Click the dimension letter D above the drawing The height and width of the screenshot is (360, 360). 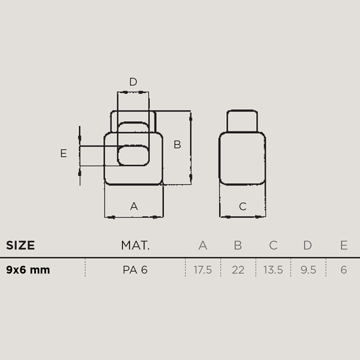[x=133, y=82]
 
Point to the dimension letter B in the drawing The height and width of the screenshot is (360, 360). [x=177, y=145]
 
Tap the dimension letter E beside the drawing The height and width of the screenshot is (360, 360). [x=64, y=153]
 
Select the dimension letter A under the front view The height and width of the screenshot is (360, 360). [x=134, y=206]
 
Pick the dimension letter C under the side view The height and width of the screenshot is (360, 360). [x=242, y=206]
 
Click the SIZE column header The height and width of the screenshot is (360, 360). [x=20, y=245]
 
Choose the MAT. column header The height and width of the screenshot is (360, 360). [x=135, y=245]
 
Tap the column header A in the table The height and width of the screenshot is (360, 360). [x=203, y=245]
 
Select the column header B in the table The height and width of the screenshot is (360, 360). [x=238, y=245]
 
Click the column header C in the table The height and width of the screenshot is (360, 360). [x=273, y=245]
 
